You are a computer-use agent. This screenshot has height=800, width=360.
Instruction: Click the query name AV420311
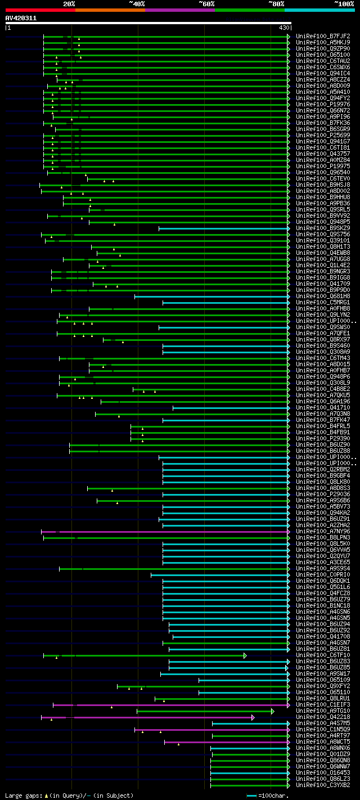pyautogui.click(x=21, y=18)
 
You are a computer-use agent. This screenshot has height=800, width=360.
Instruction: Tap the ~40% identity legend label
pyautogui.click(x=137, y=3)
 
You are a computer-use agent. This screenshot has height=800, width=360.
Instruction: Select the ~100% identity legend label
pyautogui.click(x=344, y=3)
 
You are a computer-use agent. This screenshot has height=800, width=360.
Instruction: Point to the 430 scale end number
pyautogui.click(x=283, y=28)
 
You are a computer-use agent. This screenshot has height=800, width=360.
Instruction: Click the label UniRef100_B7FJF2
pyautogui.click(x=323, y=37)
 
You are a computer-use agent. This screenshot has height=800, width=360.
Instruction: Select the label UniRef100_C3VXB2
pyautogui.click(x=323, y=785)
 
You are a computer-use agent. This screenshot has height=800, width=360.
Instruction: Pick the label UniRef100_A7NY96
pyautogui.click(x=323, y=532)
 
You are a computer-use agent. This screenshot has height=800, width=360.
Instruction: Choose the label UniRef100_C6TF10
pyautogui.click(x=323, y=655)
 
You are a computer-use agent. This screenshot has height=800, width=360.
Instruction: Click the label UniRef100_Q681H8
pyautogui.click(x=323, y=296)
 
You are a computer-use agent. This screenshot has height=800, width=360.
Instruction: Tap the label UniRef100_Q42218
pyautogui.click(x=323, y=717)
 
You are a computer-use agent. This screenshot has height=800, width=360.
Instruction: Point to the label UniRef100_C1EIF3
pyautogui.click(x=323, y=704)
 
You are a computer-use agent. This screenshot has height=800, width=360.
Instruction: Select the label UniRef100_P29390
pyautogui.click(x=323, y=439)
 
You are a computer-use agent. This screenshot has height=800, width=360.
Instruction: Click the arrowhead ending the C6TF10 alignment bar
pyautogui.click(x=245, y=655)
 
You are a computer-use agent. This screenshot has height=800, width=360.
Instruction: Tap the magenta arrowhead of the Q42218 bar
pyautogui.click(x=253, y=717)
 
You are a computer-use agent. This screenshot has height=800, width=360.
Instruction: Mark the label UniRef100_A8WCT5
pyautogui.click(x=323, y=742)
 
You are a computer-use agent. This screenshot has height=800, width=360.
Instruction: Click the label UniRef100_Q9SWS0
pyautogui.click(x=323, y=327)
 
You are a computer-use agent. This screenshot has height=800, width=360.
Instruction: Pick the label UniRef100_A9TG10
pyautogui.click(x=323, y=711)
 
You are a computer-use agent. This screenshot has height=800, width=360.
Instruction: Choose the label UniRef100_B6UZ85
pyautogui.click(x=323, y=668)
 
